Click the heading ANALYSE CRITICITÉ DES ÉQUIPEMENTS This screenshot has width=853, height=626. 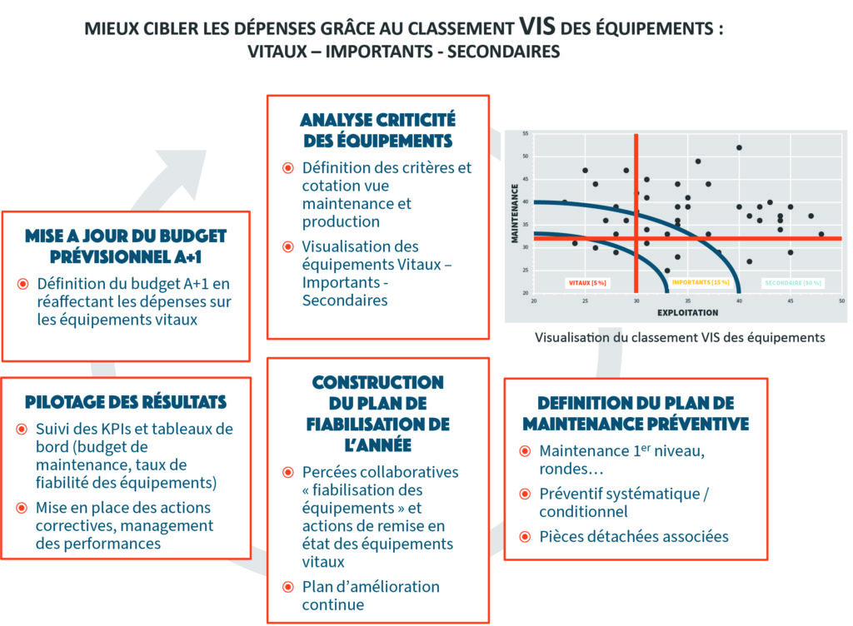[x=377, y=130]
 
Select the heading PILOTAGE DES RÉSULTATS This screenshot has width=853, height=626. [x=126, y=402]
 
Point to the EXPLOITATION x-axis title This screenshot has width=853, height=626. [x=687, y=313]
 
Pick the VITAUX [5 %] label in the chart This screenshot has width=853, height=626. [x=587, y=283]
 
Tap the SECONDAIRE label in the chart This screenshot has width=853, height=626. [x=793, y=283]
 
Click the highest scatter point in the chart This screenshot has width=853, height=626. [x=739, y=147]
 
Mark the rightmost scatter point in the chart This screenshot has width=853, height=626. [x=821, y=234]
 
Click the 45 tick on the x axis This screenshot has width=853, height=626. [x=791, y=301]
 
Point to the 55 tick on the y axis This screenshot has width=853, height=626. [x=525, y=134]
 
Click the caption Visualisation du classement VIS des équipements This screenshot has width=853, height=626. [x=680, y=337]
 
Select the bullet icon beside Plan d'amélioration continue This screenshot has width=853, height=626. [x=287, y=586]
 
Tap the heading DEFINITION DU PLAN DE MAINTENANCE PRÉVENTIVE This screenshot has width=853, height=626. [x=636, y=412]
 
